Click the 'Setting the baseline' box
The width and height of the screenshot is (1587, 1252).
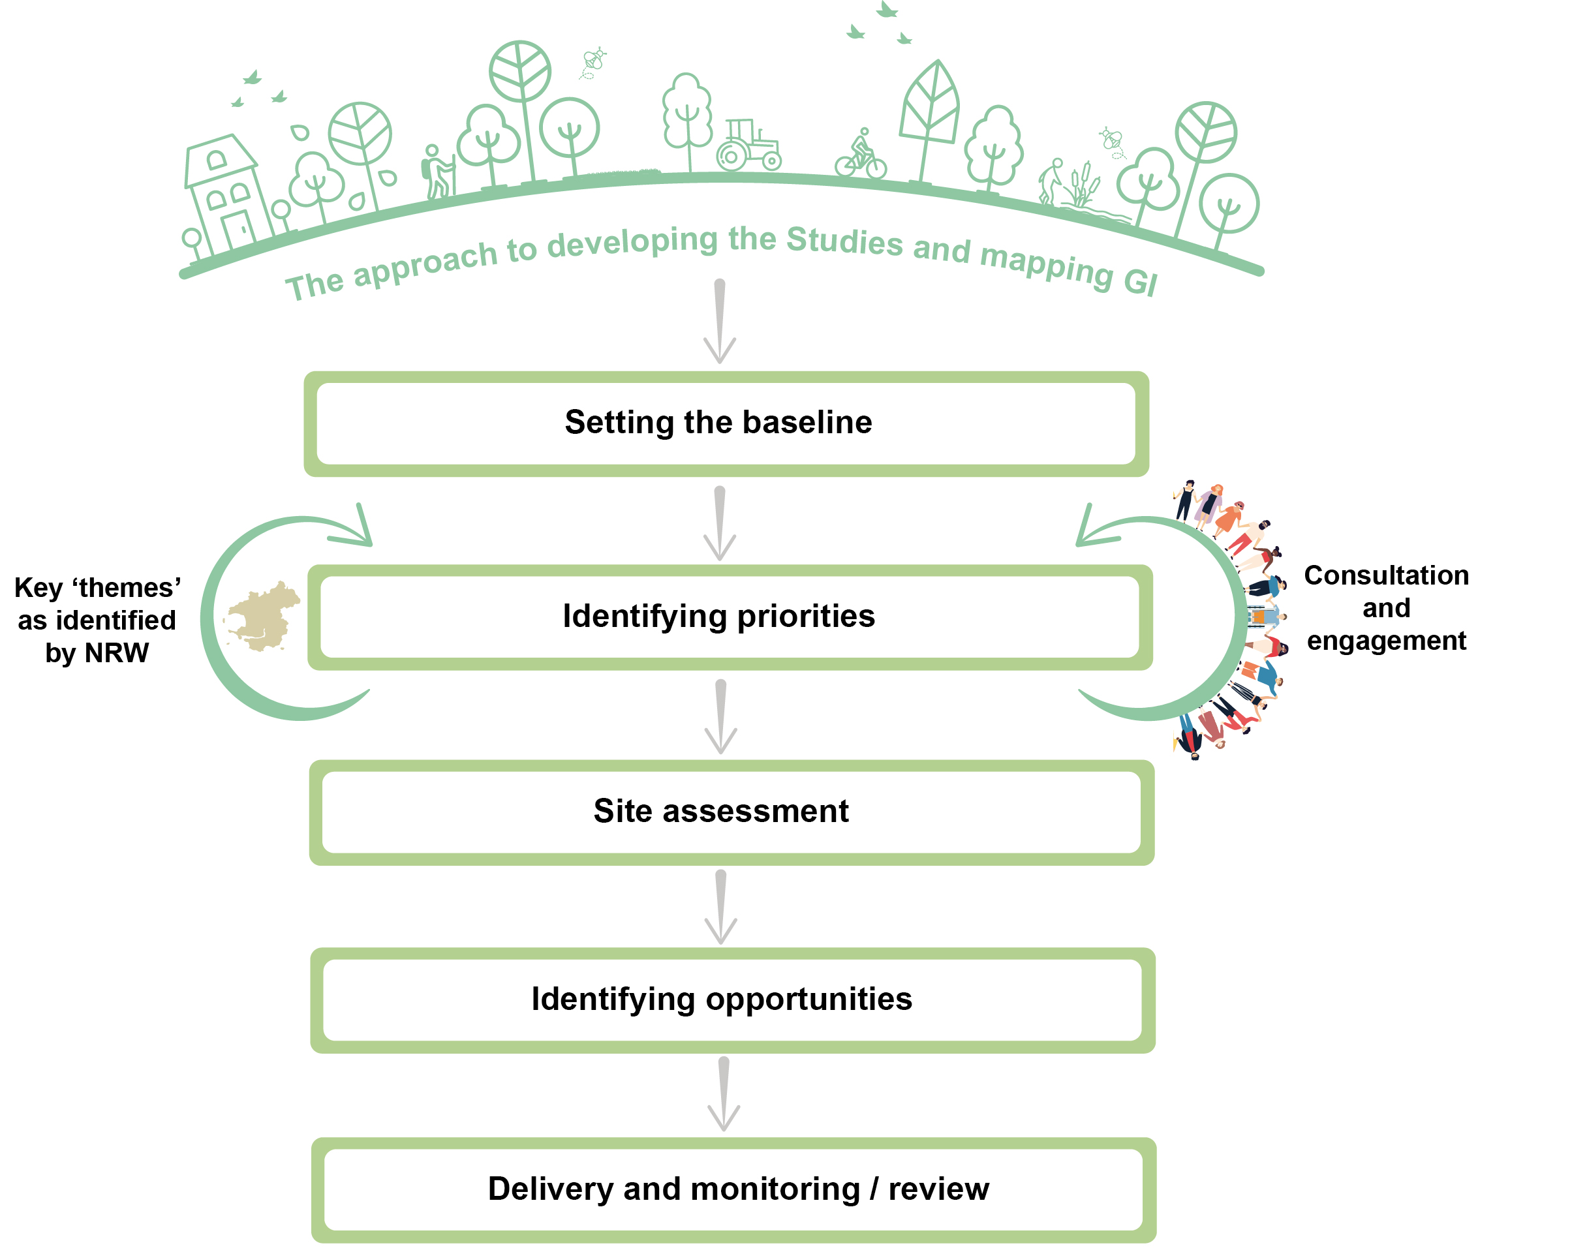pos(726,423)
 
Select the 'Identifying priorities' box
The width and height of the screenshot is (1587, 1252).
pos(730,617)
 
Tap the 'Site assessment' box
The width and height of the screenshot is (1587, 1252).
pos(732,812)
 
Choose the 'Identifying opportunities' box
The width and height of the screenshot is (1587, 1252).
pos(732,1000)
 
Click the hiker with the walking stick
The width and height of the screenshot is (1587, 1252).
pos(438,172)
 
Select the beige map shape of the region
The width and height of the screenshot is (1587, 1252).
pos(262,616)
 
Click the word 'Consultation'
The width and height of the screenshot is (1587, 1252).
pos(1386,575)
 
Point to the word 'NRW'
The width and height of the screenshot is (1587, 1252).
pos(117,652)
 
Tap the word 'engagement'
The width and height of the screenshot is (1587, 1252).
pos(1386,641)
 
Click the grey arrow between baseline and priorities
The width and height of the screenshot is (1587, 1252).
pos(719,523)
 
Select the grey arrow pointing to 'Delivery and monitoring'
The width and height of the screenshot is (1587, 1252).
pos(724,1093)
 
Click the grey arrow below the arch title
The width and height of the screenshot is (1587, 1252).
pos(719,321)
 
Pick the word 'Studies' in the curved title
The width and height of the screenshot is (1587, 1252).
pos(844,241)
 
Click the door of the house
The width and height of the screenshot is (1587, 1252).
pos(238,230)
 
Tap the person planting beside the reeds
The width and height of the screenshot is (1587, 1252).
pos(1051,180)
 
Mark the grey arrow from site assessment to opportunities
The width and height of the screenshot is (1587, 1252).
pos(720,908)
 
